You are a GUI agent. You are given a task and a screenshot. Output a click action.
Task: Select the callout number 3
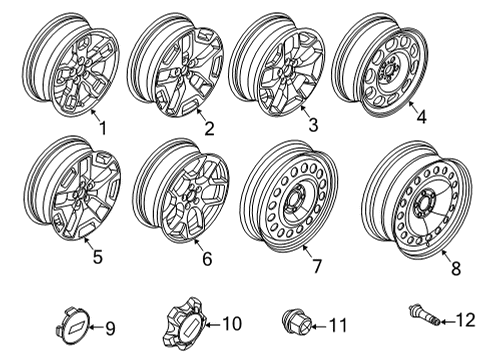point(313,125)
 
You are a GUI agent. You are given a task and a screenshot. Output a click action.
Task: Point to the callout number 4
point(421,117)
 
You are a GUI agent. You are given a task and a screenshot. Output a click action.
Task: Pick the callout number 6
point(205,258)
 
